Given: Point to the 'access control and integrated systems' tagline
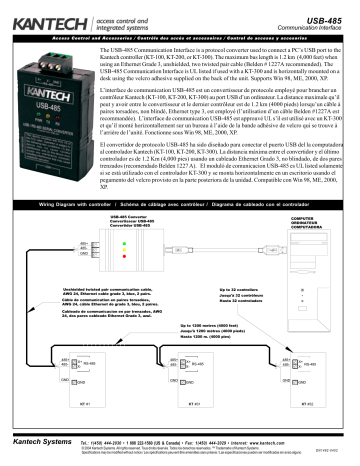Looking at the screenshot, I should (x=111, y=16).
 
